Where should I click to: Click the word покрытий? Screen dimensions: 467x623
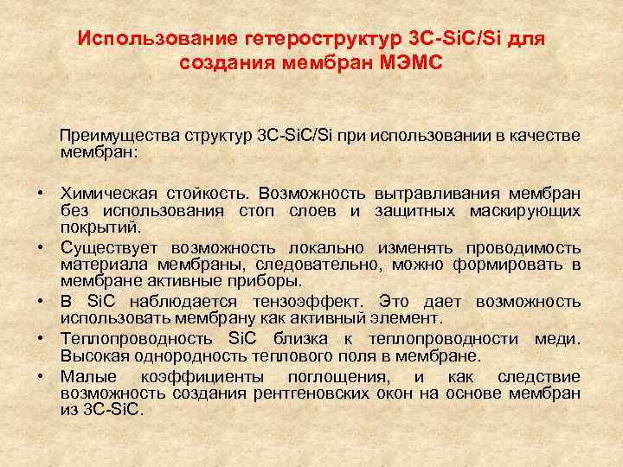click(x=98, y=227)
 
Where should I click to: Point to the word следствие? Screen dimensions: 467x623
click(x=539, y=375)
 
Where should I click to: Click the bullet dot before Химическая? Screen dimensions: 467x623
click(x=41, y=192)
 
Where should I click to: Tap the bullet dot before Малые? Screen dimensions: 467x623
click(x=41, y=375)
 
